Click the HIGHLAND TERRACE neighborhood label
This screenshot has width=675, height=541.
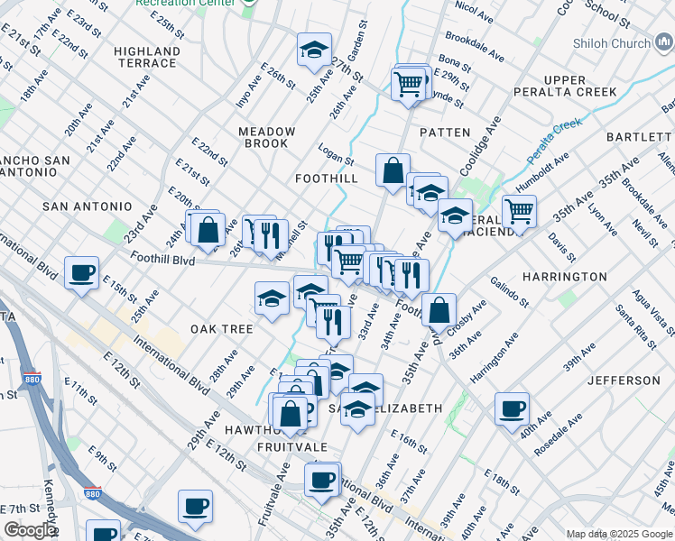click(x=146, y=57)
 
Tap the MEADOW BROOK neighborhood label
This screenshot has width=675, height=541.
click(x=266, y=138)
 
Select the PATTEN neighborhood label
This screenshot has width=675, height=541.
click(x=445, y=133)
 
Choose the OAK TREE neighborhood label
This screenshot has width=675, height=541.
click(x=221, y=329)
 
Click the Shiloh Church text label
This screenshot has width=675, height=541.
click(x=611, y=43)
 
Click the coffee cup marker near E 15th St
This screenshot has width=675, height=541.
click(x=82, y=272)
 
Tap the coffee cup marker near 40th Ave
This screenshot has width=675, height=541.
click(x=512, y=408)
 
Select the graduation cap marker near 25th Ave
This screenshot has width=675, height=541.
click(x=314, y=50)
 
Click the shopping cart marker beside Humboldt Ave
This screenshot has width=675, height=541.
click(x=519, y=211)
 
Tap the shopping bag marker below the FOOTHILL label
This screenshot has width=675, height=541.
click(x=393, y=170)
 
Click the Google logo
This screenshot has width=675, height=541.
click(x=30, y=531)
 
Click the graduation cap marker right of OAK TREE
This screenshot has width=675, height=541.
click(x=271, y=298)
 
